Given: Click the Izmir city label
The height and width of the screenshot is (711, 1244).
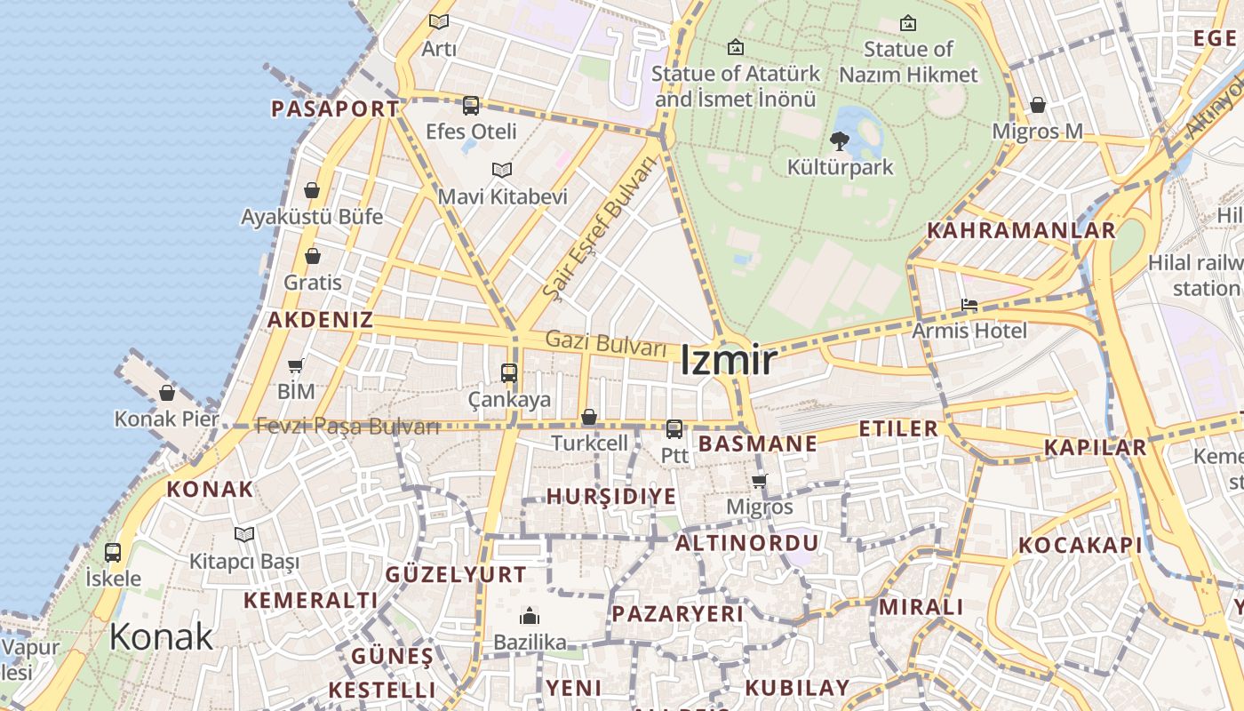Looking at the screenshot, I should [x=729, y=361].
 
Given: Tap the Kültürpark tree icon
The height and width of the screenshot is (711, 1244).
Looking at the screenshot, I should [x=839, y=140].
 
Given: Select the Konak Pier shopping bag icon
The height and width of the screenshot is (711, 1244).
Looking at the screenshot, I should [x=167, y=393].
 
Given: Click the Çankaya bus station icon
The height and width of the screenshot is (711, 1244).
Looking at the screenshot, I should [x=509, y=373].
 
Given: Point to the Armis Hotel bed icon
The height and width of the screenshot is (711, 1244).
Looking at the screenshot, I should [x=969, y=306].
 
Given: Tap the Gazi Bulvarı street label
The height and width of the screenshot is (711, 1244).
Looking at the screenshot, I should [x=605, y=342].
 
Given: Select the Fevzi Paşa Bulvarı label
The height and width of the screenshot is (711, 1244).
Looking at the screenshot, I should [x=347, y=427].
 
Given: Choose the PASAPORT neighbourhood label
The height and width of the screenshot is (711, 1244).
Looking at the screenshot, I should [x=335, y=109].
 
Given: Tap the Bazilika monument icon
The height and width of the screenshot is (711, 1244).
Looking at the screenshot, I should [x=530, y=616].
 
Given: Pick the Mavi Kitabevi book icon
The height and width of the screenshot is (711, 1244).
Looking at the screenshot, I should [x=502, y=170].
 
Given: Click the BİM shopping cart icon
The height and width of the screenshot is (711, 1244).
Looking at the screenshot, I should [x=296, y=365].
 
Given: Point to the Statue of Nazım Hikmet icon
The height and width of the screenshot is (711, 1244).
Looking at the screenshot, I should [x=908, y=23].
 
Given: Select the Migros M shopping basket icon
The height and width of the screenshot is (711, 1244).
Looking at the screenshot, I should [x=1037, y=105].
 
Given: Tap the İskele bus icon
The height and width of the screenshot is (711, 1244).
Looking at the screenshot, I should [x=113, y=552].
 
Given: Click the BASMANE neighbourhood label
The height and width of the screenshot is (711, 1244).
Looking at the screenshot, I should [x=758, y=443].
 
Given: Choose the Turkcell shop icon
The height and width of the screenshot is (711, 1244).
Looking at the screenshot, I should [x=588, y=417].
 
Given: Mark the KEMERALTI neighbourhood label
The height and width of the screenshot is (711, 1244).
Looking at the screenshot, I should [x=311, y=600].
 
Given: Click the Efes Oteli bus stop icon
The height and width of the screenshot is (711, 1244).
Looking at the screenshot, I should [x=471, y=106].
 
